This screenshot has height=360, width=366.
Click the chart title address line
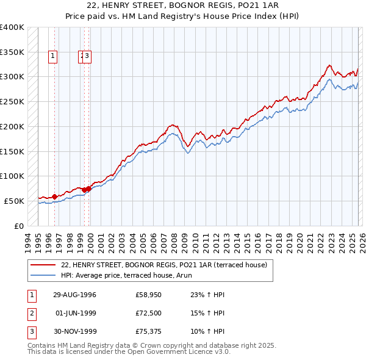click(182, 5)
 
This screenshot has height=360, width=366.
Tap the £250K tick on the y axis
click(12, 101)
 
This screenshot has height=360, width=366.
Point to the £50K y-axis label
click(14, 201)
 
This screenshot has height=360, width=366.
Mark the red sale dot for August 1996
click(54, 196)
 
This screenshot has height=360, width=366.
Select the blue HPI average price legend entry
click(143, 275)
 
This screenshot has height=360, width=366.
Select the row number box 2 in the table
click(31, 314)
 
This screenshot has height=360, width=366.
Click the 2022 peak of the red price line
click(329, 65)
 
